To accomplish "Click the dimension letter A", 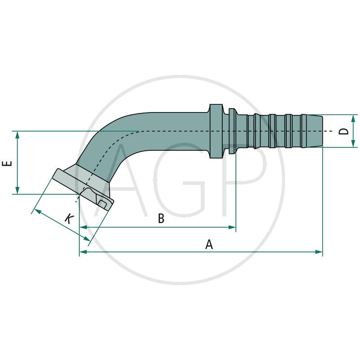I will (x=209, y=244).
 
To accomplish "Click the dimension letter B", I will (x=161, y=219).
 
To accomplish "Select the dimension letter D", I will (x=344, y=131).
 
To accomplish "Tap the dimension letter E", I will (x=7, y=163).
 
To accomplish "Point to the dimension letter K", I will (x=68, y=219).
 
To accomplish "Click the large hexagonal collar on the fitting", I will (x=216, y=131).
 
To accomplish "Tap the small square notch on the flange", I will (x=103, y=205).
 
